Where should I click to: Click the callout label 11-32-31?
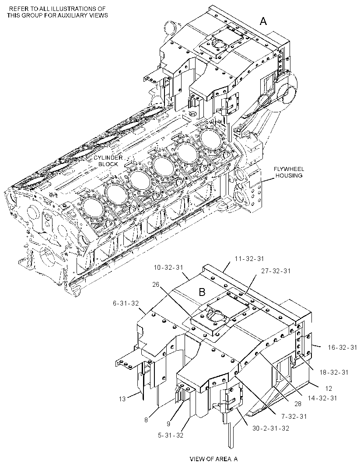click(249, 259)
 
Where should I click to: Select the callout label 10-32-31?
click(168, 268)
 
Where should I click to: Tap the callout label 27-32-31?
click(276, 271)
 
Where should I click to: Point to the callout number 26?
click(156, 285)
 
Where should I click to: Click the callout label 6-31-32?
click(126, 303)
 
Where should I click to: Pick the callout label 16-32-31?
click(342, 347)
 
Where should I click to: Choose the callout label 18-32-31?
click(334, 372)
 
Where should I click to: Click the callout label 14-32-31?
click(322, 398)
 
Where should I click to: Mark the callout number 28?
click(297, 403)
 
